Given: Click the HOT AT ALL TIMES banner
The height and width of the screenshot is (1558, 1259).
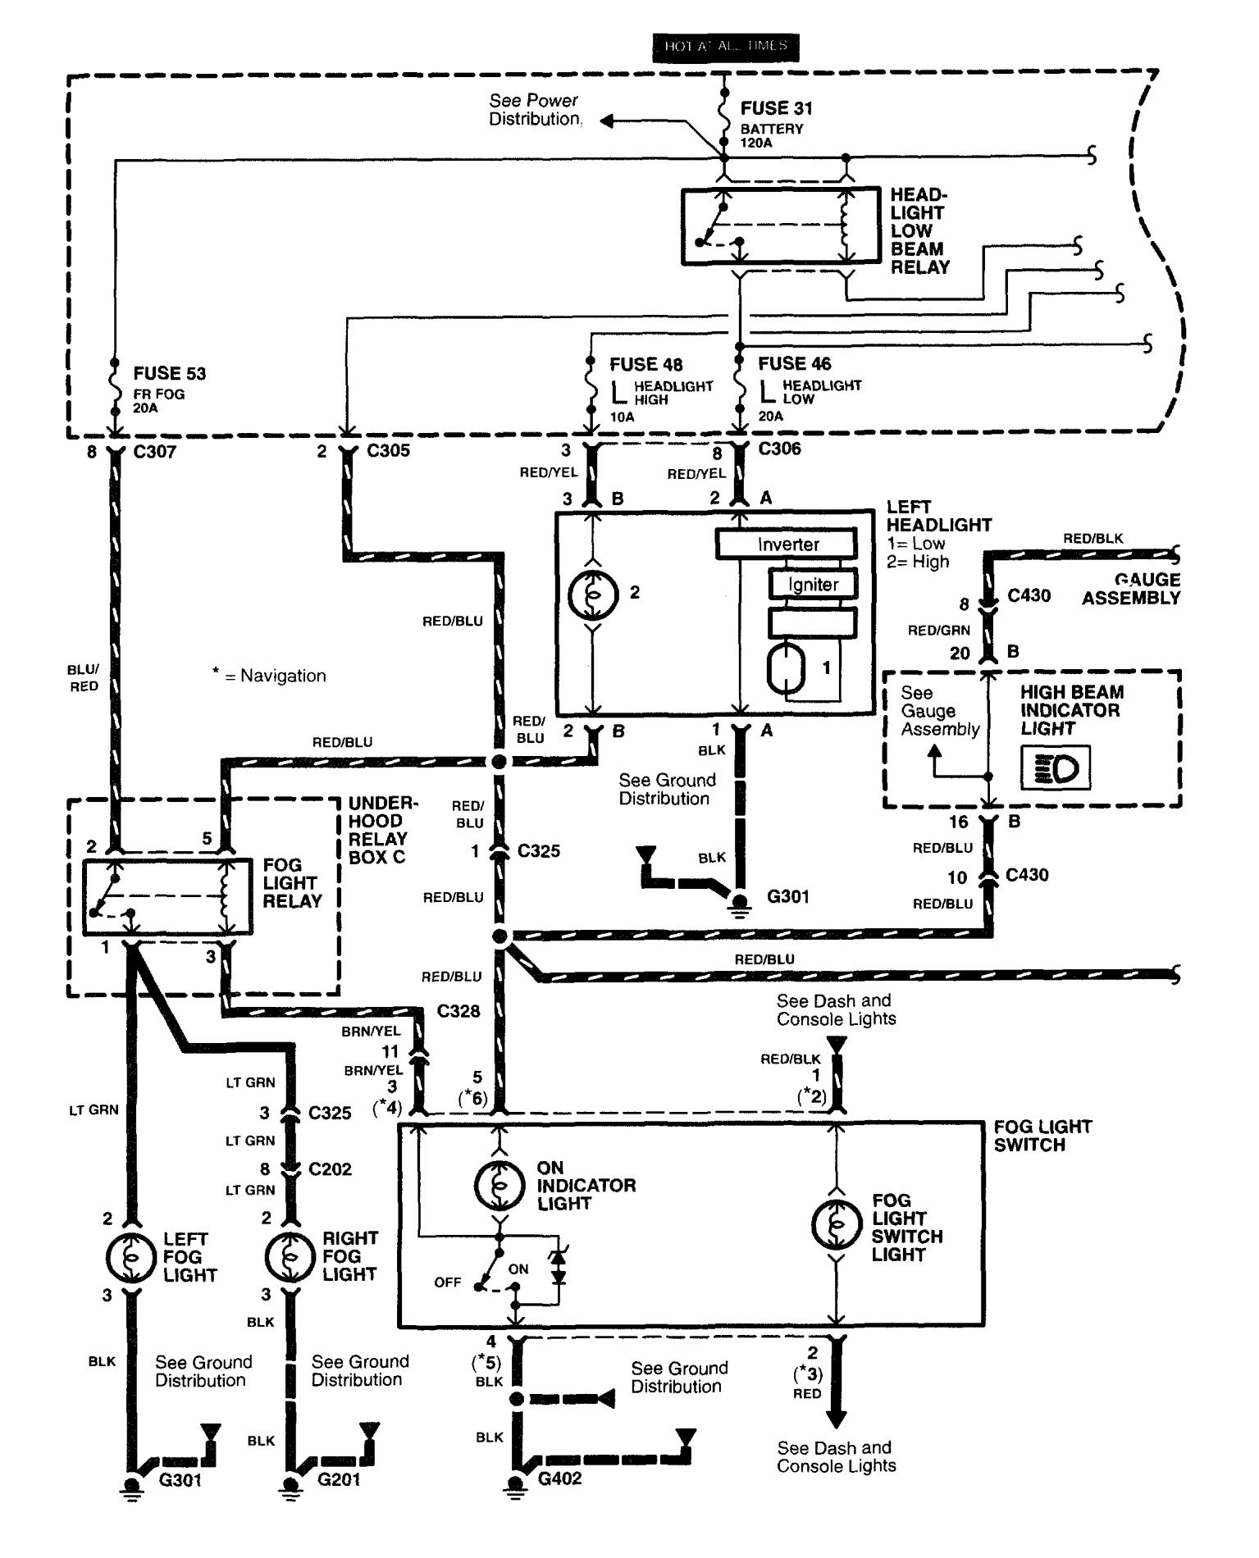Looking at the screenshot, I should click(725, 46).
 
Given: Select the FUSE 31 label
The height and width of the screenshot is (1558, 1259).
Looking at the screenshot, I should click(776, 108).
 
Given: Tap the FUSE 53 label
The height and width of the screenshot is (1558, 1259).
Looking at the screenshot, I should click(169, 374).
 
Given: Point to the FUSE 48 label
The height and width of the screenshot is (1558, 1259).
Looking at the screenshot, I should click(645, 364).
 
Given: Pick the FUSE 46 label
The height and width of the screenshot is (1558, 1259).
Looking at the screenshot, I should click(794, 363).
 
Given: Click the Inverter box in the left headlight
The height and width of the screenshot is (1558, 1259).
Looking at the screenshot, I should click(787, 544).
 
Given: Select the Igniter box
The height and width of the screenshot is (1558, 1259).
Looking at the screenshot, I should click(813, 585).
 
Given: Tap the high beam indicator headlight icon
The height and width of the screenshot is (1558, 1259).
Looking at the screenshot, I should click(1056, 768).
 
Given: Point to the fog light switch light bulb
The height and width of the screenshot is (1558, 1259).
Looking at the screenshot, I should click(836, 1226).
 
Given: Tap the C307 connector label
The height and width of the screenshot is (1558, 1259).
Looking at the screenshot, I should click(153, 451).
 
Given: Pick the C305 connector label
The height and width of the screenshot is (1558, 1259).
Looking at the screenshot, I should click(388, 451).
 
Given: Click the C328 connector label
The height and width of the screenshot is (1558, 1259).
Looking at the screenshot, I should click(458, 1011).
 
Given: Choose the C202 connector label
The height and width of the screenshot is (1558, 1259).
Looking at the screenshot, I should click(330, 1168).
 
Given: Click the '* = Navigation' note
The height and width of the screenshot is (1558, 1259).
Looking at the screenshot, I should click(268, 676).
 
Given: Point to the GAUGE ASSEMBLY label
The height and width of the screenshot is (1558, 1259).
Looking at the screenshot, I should click(1130, 589).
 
